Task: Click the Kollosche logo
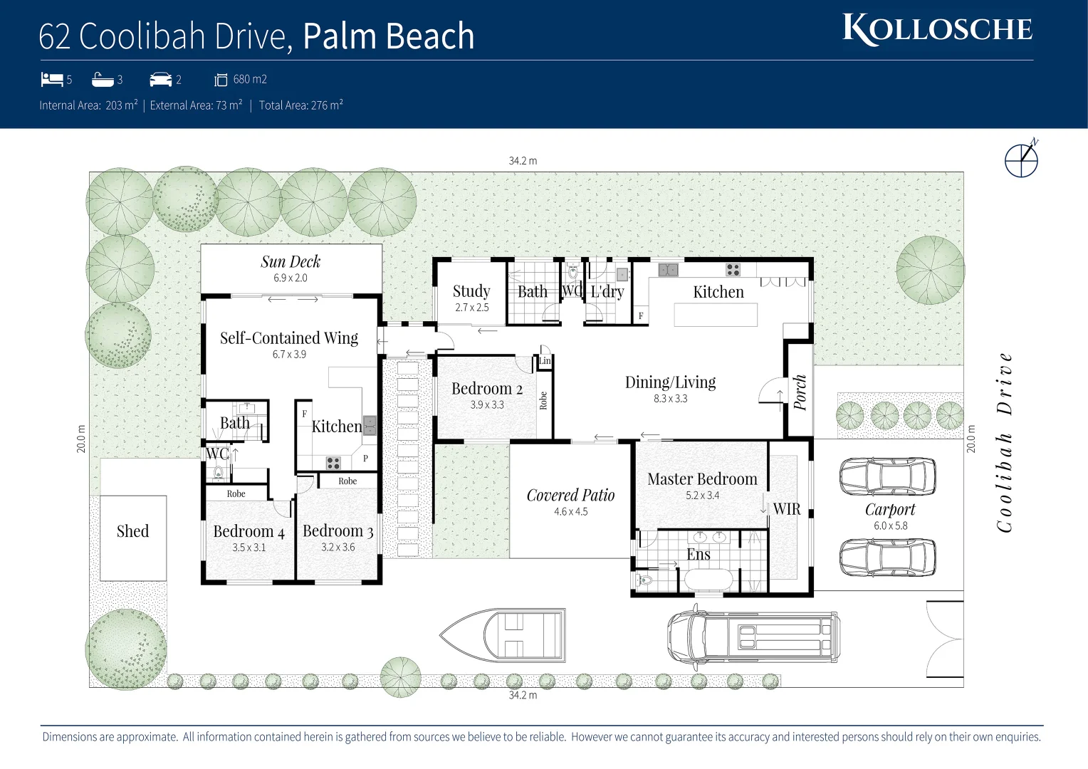[937, 30]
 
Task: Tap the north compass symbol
[1021, 159]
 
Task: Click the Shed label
[132, 531]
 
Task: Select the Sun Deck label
[291, 262]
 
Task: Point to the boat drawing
[503, 634]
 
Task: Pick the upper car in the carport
[887, 476]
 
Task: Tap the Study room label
[471, 291]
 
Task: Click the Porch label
[800, 392]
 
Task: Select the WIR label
[787, 509]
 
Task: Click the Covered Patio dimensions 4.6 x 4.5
[571, 512]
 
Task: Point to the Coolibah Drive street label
[1005, 442]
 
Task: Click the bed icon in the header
[52, 79]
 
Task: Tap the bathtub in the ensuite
[707, 580]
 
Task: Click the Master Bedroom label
[702, 479]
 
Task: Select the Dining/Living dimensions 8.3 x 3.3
[671, 399]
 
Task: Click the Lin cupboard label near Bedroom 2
[545, 361]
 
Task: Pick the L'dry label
[607, 291]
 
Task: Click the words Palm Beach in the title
[389, 36]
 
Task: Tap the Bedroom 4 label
[249, 531]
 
